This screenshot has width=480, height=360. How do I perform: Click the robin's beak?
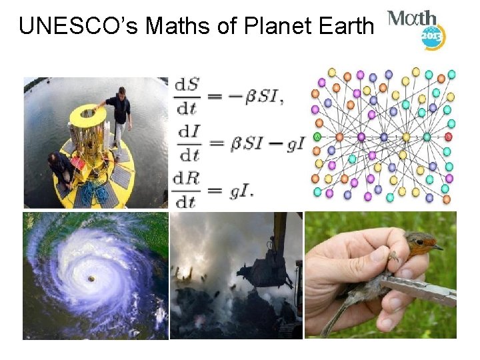tap(436, 247)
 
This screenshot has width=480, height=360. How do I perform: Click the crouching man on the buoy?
tap(61, 171)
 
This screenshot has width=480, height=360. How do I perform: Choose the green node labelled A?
tap(318, 137)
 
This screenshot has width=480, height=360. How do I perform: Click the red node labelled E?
tap(448, 137)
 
